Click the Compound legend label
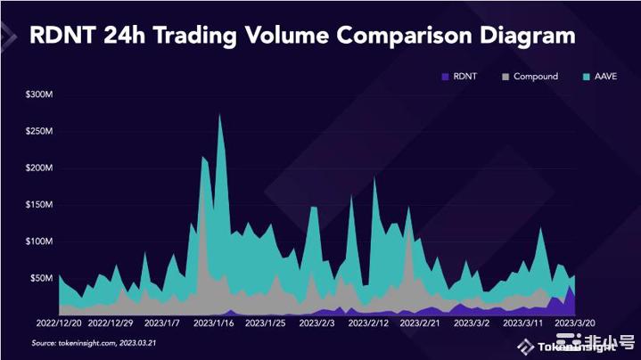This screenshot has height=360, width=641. click(x=535, y=77)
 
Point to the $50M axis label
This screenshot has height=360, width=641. click(x=41, y=278)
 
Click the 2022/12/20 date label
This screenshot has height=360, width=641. click(x=58, y=323)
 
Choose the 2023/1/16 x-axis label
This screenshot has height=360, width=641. click(x=214, y=323)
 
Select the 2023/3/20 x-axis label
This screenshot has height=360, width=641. click(x=574, y=323)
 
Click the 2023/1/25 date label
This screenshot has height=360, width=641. click(x=266, y=323)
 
